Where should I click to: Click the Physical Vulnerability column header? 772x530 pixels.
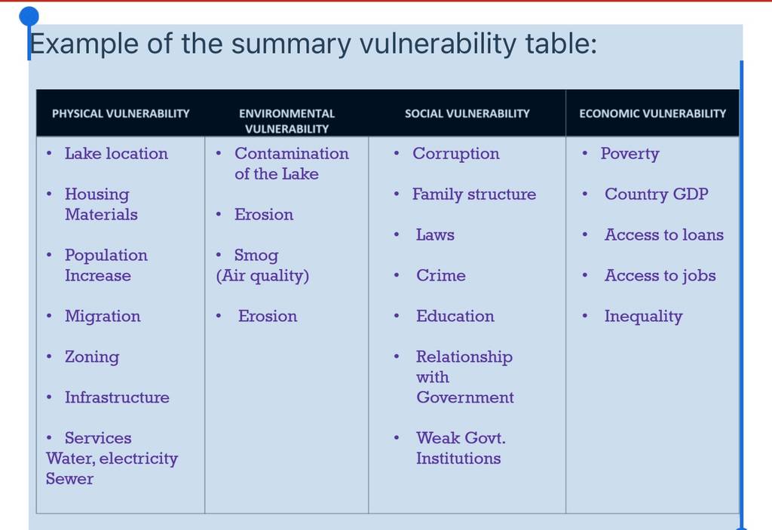(121, 114)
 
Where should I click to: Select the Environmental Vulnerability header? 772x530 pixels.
(286, 121)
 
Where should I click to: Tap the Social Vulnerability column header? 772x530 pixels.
(467, 114)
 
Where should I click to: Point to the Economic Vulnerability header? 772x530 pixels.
(652, 114)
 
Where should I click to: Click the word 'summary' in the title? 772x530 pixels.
(291, 44)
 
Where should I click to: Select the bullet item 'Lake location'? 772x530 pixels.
(116, 153)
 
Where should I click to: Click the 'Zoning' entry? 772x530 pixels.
(92, 357)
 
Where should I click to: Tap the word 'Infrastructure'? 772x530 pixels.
(117, 397)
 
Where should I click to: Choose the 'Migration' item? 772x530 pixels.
(103, 316)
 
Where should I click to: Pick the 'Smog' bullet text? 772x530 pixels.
(256, 255)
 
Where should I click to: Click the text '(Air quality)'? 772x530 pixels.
(262, 275)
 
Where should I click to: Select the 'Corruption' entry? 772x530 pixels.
(456, 154)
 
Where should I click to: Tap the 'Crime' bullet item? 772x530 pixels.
(440, 275)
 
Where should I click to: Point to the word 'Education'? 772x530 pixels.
(455, 316)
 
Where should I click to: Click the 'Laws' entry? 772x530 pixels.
(435, 234)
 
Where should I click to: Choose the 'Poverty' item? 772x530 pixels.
(630, 154)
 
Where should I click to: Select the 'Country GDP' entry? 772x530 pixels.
(657, 194)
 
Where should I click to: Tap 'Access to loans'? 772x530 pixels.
(664, 234)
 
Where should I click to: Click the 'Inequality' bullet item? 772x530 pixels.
(644, 316)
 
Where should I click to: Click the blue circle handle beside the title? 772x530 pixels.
(29, 17)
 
